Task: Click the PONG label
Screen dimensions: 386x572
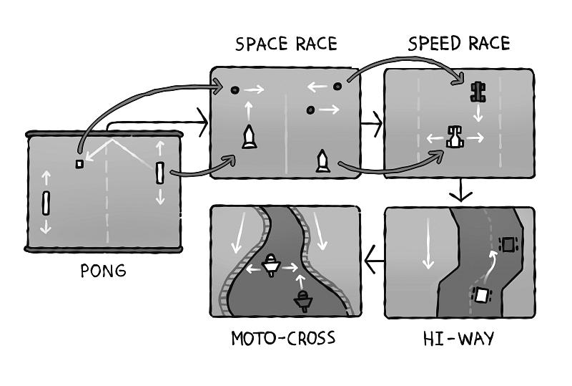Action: point(104,271)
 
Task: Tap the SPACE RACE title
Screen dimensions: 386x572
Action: point(286,44)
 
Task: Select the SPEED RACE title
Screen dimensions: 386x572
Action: point(459,44)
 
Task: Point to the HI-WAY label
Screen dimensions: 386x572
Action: point(458,338)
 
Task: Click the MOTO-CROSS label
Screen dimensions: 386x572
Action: point(284,337)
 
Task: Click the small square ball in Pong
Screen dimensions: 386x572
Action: point(79,164)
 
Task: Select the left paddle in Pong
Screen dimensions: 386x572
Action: point(46,203)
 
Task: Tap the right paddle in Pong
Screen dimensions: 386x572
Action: point(160,173)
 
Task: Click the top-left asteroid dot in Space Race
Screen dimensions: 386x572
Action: point(235,90)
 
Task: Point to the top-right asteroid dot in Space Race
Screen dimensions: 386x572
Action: point(337,87)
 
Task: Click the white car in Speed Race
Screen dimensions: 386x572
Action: point(454,136)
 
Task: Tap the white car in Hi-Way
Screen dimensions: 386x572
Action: point(483,294)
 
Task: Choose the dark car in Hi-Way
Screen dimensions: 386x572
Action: point(507,245)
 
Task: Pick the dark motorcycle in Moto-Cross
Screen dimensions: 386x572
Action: point(302,300)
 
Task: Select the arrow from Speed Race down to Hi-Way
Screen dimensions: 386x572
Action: point(461,191)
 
